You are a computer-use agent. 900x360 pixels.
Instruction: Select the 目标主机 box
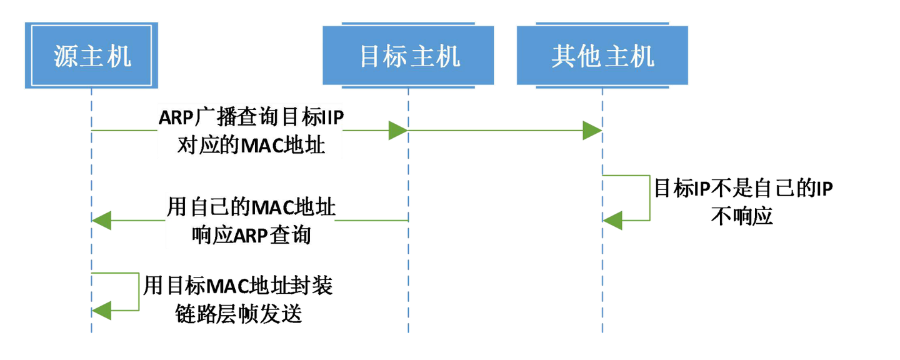pyautogui.click(x=409, y=55)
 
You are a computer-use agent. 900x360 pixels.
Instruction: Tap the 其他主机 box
pyautogui.click(x=602, y=55)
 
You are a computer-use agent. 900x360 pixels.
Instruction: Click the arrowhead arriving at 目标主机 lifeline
pyautogui.click(x=397, y=131)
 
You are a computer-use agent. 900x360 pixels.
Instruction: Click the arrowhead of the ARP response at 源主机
pyautogui.click(x=102, y=220)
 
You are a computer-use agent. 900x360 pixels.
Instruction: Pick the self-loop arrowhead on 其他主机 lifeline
pyautogui.click(x=613, y=220)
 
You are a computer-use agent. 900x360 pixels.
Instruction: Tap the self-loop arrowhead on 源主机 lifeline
pyautogui.click(x=102, y=309)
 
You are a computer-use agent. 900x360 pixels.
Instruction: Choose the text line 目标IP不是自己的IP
pyautogui.click(x=743, y=188)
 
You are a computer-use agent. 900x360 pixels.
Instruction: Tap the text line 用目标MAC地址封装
pyautogui.click(x=238, y=286)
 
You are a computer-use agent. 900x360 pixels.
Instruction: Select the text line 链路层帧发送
pyautogui.click(x=238, y=314)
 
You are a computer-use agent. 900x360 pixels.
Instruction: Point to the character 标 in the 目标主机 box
pyautogui.click(x=396, y=56)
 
